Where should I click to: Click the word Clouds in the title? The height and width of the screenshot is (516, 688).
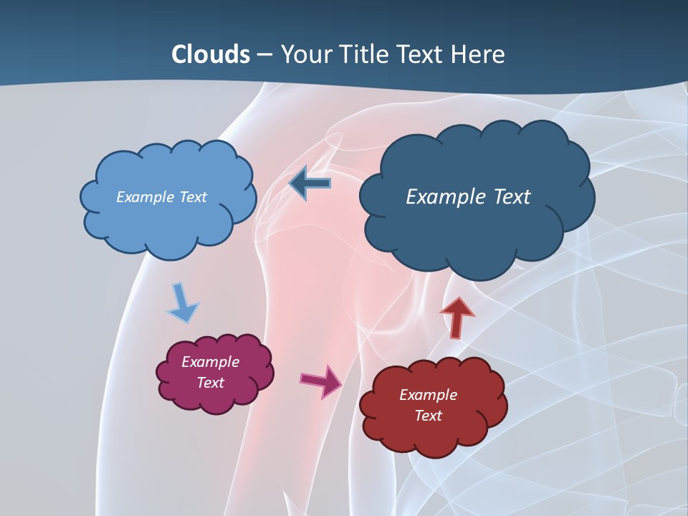[x=211, y=54]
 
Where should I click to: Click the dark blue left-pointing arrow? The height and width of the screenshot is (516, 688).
[x=310, y=183]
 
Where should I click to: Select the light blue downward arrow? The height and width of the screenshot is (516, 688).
[x=182, y=302]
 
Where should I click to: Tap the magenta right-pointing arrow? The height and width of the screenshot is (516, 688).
[x=321, y=381]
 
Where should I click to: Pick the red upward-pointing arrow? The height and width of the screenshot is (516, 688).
[x=457, y=317]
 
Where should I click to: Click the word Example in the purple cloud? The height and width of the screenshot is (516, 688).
[x=210, y=362]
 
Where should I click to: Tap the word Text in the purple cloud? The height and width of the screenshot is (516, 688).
[x=210, y=383]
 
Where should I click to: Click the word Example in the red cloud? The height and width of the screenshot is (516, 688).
[x=428, y=395]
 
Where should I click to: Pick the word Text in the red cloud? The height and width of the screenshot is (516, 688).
[x=428, y=416]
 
